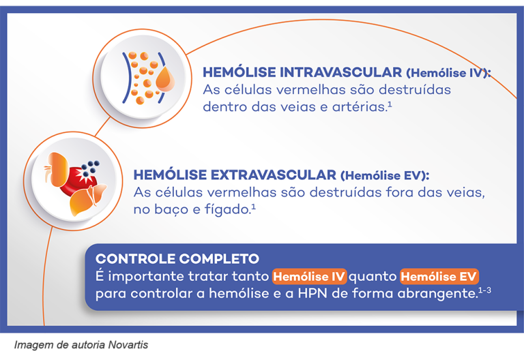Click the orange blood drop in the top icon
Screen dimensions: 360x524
pos(164,81)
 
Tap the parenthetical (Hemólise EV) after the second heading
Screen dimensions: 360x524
pos(385,175)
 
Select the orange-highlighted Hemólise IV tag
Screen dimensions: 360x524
pos(310,277)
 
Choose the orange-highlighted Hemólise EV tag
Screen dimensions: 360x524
pos(439,277)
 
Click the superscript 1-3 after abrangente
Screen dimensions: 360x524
pos(484,290)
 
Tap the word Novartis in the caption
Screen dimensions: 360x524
pos(128,345)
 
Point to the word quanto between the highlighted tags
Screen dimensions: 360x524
pos(374,277)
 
